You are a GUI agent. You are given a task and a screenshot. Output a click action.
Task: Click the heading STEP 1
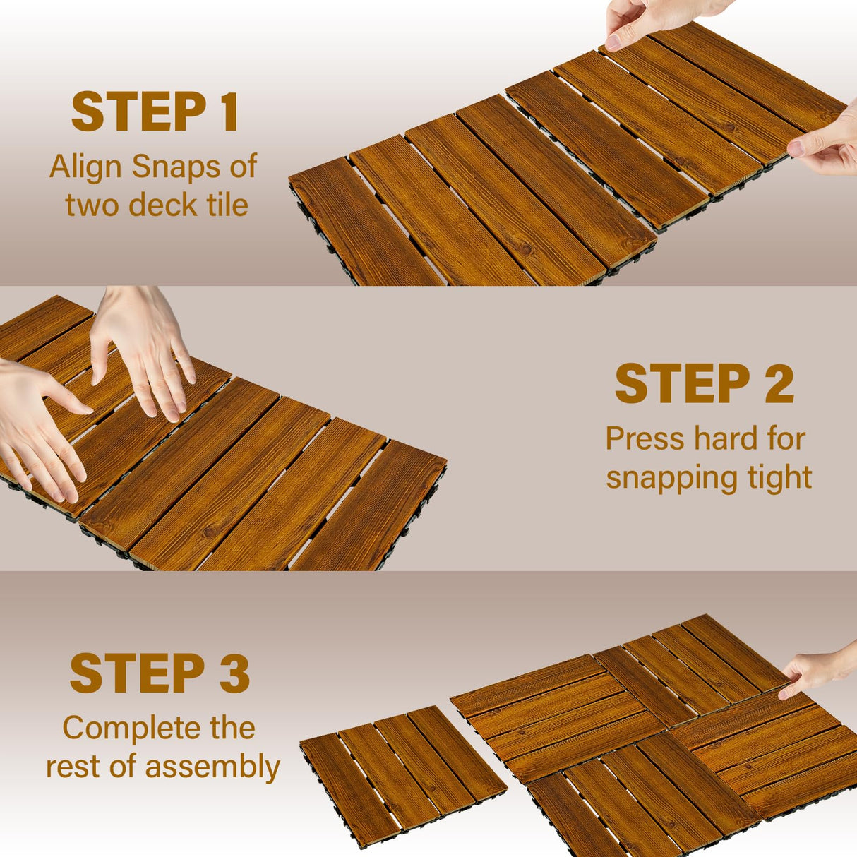click(155, 112)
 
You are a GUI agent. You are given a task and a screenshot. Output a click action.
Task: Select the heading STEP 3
click(160, 673)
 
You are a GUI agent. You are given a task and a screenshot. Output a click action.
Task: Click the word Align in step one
click(86, 167)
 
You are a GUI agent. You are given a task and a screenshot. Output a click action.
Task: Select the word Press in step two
click(645, 439)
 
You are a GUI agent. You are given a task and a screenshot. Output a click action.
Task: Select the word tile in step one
click(227, 205)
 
